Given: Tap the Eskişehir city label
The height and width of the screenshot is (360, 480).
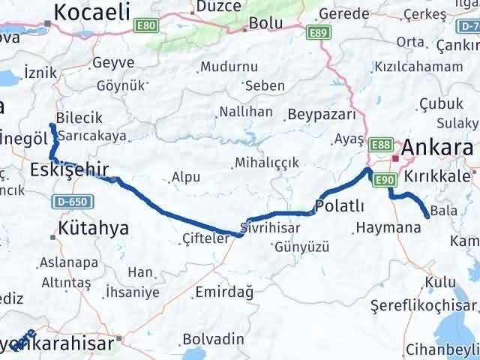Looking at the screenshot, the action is (x=70, y=169).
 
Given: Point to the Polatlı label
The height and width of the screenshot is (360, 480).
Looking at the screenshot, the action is (x=340, y=206).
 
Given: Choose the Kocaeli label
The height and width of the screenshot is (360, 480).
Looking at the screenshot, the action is (x=92, y=12).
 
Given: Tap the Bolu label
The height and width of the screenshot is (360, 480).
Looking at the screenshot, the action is (x=265, y=22).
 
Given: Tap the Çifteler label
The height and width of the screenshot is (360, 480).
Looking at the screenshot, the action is (x=205, y=238).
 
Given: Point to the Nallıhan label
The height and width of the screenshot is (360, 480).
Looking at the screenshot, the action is (x=245, y=112).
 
